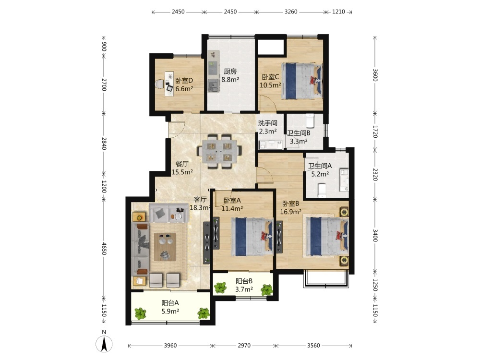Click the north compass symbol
point(104,344)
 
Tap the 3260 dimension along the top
point(291,12)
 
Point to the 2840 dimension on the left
point(104,143)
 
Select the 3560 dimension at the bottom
point(313,345)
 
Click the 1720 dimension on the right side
point(375,132)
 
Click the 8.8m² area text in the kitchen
point(230,80)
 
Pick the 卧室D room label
point(184,81)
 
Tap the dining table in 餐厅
point(218,151)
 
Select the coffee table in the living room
point(165,247)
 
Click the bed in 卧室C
point(301,81)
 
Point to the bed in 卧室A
point(252,237)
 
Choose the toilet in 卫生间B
point(310,121)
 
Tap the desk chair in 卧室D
point(159,84)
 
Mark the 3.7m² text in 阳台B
point(244,289)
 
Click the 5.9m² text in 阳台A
point(170,312)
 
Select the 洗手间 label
point(267,123)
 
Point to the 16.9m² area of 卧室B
point(291,212)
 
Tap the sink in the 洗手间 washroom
point(264,144)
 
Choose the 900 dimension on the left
point(104,47)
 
